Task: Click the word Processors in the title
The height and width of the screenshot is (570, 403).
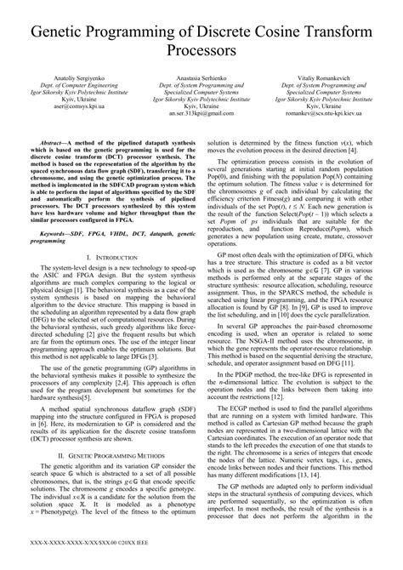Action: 201,50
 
